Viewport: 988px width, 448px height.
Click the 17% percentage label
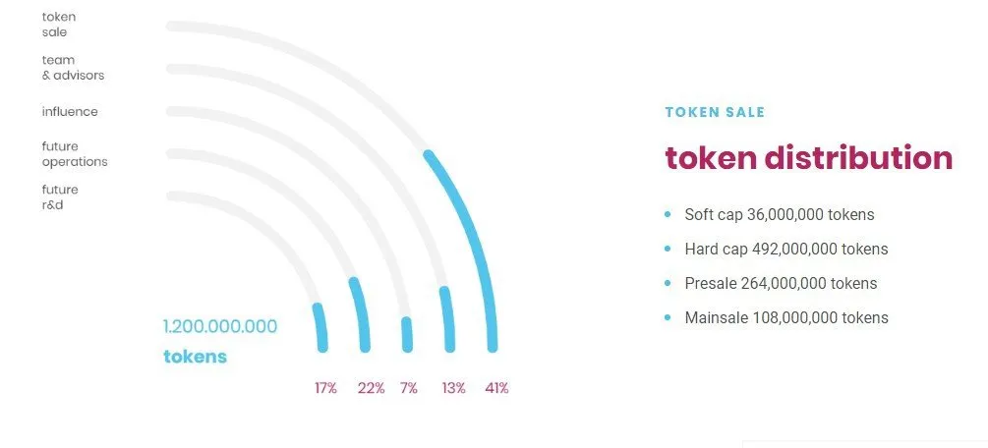click(325, 388)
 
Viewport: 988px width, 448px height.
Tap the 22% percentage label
click(372, 388)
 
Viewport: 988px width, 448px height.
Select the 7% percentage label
click(409, 388)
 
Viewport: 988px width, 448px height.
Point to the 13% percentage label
click(453, 388)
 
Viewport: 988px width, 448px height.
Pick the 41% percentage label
click(496, 388)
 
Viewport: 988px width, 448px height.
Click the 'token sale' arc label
click(59, 25)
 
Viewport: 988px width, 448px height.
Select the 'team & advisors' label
click(73, 68)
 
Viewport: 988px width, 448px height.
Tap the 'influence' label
click(70, 112)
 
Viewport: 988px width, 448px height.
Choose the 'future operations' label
click(75, 154)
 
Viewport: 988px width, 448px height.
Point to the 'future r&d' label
click(61, 197)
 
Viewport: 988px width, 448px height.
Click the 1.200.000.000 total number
click(220, 326)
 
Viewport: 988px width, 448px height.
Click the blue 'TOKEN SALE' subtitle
click(715, 112)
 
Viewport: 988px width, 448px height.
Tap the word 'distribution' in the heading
click(858, 157)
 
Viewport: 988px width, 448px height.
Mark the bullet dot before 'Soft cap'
click(668, 215)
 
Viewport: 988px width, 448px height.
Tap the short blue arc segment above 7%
click(407, 335)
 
